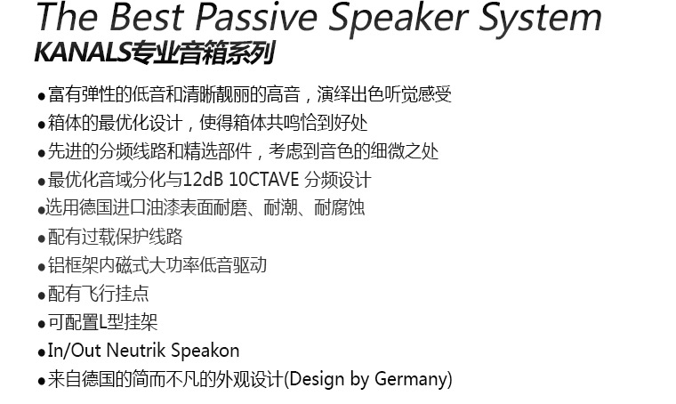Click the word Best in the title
[147, 17]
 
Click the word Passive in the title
[256, 17]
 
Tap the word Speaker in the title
[398, 20]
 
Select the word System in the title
[540, 20]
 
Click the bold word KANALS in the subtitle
[83, 53]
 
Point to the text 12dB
[203, 180]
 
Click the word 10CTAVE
[263, 180]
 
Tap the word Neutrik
[136, 350]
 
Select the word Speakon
[205, 351]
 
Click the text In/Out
[74, 350]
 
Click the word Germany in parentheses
[411, 380]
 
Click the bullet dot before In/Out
[42, 353]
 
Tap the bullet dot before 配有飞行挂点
[42, 296]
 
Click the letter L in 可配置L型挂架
[102, 322]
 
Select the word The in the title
[68, 17]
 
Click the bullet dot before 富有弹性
[42, 97]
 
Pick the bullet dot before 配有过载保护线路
[42, 238]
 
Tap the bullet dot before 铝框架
[42, 268]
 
